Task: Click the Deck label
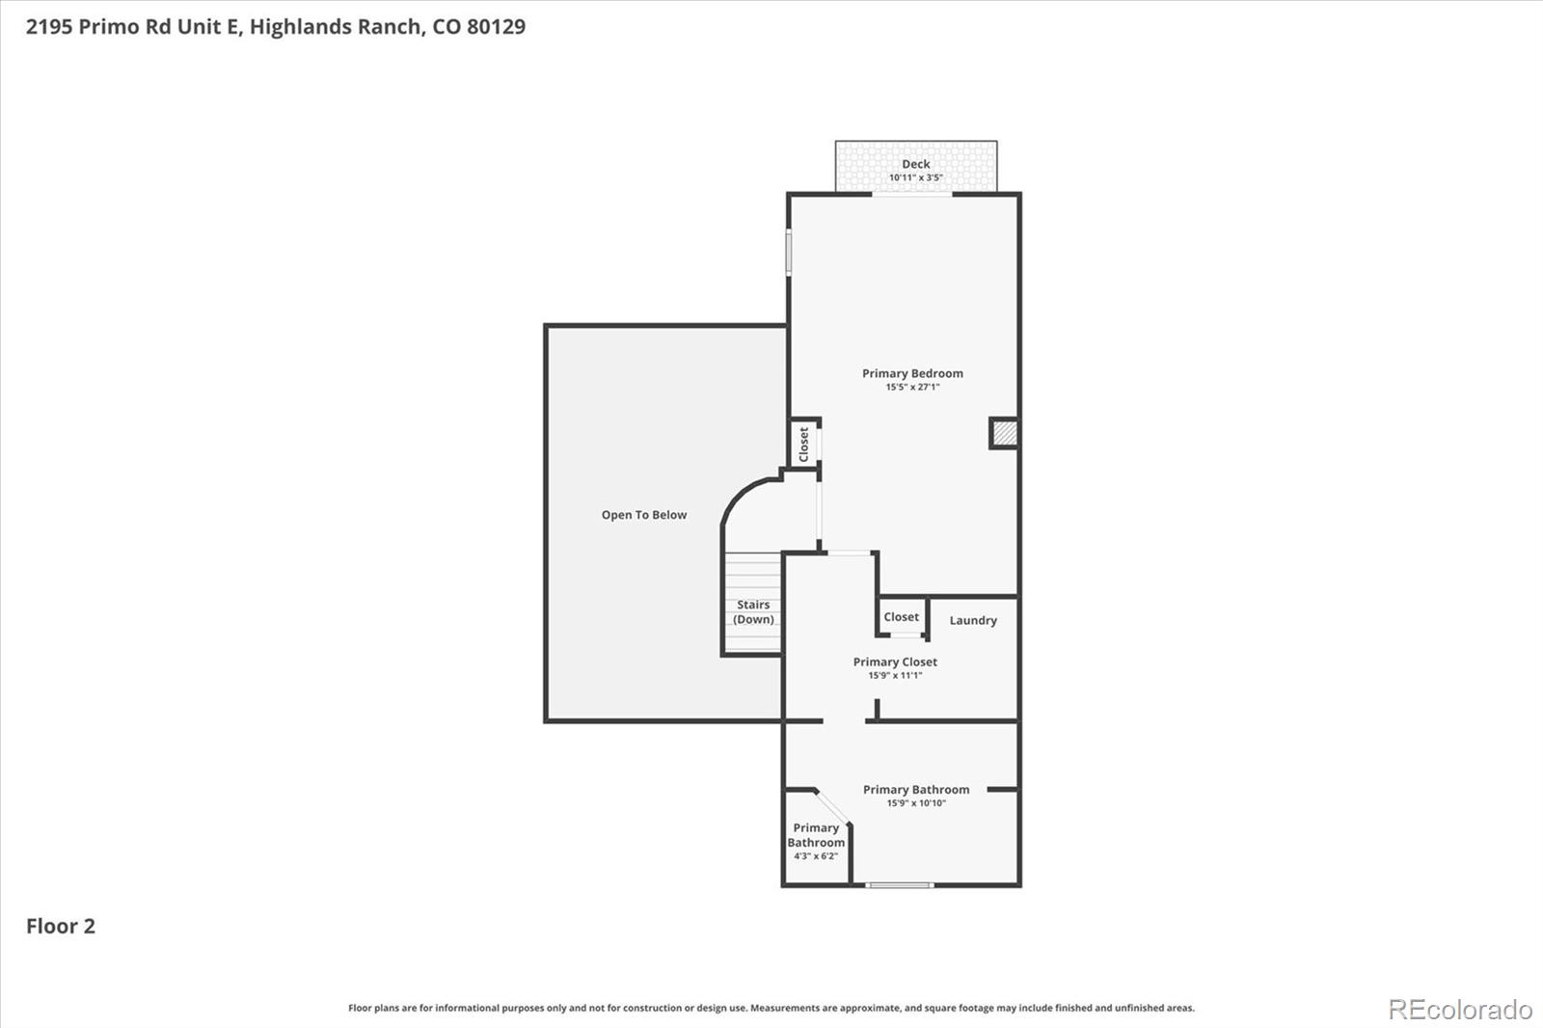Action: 915,164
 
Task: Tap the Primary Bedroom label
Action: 912,373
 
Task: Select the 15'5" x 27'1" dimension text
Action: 912,387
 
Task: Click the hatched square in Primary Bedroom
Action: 1003,433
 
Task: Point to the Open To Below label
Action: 643,515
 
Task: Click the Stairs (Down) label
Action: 753,612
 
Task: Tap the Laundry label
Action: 972,620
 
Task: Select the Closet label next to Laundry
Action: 901,617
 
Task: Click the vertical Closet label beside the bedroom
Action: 803,445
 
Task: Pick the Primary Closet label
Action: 895,662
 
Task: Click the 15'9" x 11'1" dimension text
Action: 895,675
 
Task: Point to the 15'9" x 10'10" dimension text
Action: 916,802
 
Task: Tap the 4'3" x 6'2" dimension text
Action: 816,855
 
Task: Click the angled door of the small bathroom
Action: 832,807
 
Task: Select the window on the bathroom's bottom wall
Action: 899,884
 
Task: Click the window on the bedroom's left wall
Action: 788,252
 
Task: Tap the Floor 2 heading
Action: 60,926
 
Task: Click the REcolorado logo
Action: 1459,1009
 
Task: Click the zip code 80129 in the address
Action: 496,26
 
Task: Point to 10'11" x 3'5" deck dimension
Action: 915,177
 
